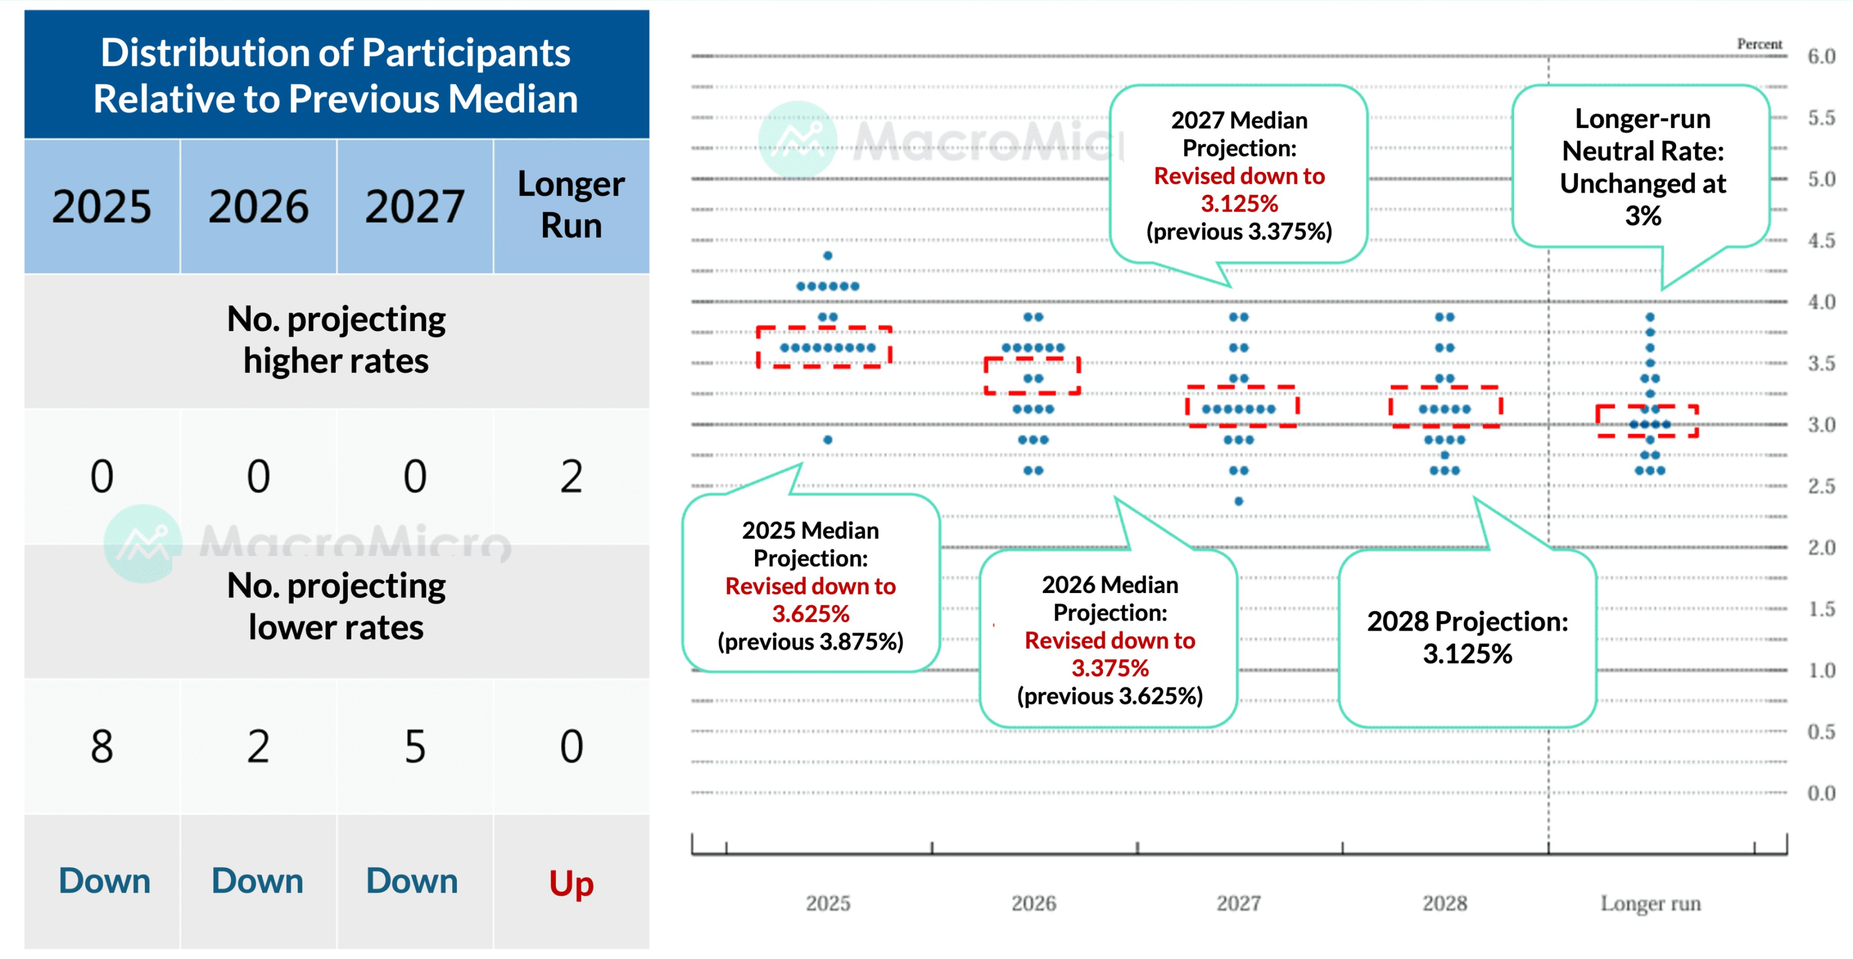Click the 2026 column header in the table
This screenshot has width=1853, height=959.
(x=258, y=207)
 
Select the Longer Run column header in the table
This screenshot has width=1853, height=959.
(x=571, y=205)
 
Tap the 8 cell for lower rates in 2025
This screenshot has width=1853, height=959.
(x=102, y=746)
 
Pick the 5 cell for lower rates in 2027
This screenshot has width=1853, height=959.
(x=415, y=746)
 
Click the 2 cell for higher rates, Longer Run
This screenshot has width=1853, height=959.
(x=571, y=476)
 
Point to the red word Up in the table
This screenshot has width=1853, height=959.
(x=571, y=883)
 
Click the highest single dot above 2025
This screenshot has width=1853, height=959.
(x=828, y=255)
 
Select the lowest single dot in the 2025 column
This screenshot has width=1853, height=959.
(x=828, y=440)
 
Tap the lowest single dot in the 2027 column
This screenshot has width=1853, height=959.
(x=1239, y=502)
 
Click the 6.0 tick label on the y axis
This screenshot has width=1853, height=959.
(x=1821, y=56)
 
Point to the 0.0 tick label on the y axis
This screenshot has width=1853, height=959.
(x=1821, y=793)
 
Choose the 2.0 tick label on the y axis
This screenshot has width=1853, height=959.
(x=1821, y=547)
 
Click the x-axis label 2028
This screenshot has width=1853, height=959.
(x=1444, y=903)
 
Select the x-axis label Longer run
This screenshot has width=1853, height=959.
(x=1650, y=903)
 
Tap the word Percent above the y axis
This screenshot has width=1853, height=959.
(x=1759, y=44)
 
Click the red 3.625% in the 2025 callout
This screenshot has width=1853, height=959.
(x=811, y=614)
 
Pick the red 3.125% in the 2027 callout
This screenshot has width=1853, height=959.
(x=1239, y=204)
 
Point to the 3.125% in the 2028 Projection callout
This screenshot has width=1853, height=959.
(x=1467, y=654)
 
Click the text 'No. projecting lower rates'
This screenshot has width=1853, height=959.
(x=336, y=607)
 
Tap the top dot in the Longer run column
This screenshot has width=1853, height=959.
(x=1650, y=317)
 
